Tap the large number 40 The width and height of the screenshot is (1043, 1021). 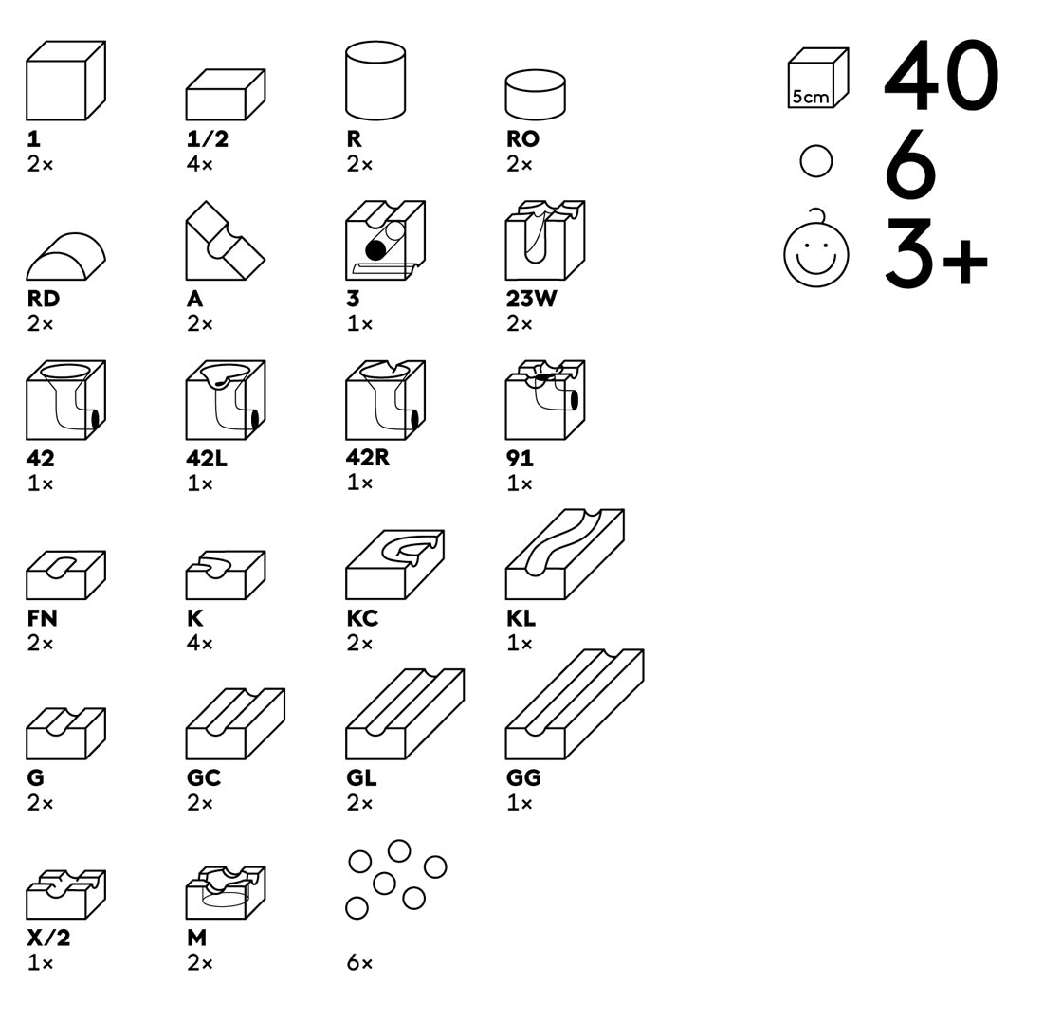[942, 75]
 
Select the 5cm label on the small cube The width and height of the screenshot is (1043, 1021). [810, 97]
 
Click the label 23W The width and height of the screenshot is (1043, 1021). [531, 299]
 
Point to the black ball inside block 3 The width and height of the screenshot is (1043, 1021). [375, 249]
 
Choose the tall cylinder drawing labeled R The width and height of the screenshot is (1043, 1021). [375, 81]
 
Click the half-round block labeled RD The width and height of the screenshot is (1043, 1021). [65, 257]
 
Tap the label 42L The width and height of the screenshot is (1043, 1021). [206, 458]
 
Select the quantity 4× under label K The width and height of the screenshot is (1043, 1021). [199, 643]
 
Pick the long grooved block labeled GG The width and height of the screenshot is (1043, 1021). [575, 703]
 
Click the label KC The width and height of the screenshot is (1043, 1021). [362, 618]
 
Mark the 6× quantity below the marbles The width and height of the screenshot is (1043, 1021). [359, 962]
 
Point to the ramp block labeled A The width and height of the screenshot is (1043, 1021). [226, 241]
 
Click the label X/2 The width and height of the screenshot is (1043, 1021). [48, 938]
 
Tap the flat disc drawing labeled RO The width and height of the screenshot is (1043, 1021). [536, 96]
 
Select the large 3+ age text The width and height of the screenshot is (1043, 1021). [937, 253]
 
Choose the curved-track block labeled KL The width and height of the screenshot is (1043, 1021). [565, 554]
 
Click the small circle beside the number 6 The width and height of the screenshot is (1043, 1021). [816, 161]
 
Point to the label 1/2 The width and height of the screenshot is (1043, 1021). [208, 139]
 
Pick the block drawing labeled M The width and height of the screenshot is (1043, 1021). [226, 892]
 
